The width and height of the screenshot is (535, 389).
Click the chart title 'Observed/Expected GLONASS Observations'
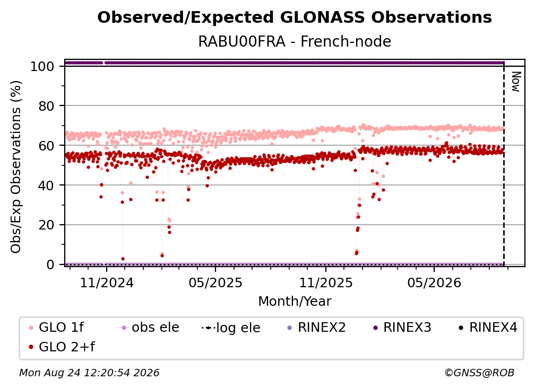(295, 17)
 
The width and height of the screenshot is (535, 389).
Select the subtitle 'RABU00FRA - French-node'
(295, 41)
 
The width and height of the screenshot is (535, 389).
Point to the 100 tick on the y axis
(42, 66)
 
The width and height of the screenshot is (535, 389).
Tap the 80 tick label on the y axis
(46, 106)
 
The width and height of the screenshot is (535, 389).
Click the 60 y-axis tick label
(46, 145)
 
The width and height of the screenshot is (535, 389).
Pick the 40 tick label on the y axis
(46, 185)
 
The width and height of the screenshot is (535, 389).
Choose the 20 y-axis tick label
(46, 225)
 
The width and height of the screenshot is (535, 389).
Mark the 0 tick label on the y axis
(50, 264)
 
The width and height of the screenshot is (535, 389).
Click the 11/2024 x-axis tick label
(107, 282)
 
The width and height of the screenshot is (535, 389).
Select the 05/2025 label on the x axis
(215, 282)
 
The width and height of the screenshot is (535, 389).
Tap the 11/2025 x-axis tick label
(326, 282)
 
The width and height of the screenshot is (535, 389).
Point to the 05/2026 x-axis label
(434, 282)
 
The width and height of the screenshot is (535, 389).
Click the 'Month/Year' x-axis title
(295, 301)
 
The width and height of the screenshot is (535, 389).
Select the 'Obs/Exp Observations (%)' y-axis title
(16, 167)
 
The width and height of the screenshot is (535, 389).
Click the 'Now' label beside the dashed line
(516, 82)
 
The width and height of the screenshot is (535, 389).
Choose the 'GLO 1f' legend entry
(57, 328)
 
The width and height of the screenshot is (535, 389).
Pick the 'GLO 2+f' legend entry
(62, 347)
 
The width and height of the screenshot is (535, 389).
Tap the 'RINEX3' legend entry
(402, 328)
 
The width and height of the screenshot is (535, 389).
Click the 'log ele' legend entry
(231, 328)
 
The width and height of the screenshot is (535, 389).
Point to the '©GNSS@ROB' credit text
(479, 373)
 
